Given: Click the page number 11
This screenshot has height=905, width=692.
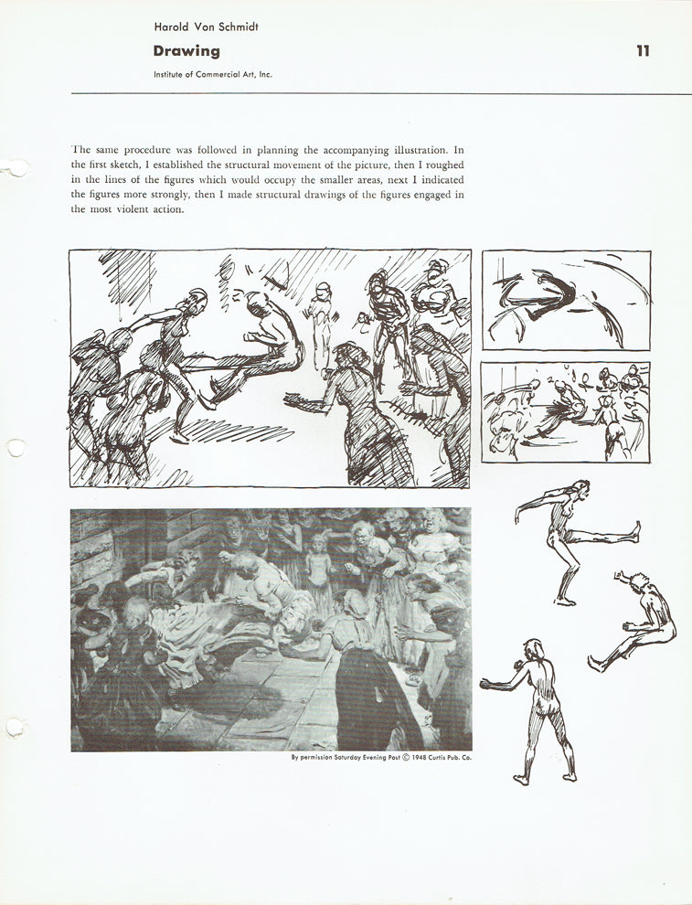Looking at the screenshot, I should click(643, 51).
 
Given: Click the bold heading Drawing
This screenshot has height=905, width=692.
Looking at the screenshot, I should click(186, 51).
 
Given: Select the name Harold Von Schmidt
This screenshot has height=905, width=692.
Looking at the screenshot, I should click(206, 27).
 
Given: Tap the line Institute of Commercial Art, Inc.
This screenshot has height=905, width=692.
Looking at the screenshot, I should click(213, 75).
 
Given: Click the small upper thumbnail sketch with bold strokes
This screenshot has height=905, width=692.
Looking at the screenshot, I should click(566, 301).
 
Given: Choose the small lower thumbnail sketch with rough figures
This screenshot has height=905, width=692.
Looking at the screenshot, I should click(566, 411).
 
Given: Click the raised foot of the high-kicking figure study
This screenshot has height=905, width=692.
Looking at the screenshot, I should click(635, 528).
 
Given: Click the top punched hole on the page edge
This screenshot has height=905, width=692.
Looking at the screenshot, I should click(16, 167).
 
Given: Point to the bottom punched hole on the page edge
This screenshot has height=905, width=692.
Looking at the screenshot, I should click(14, 728).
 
